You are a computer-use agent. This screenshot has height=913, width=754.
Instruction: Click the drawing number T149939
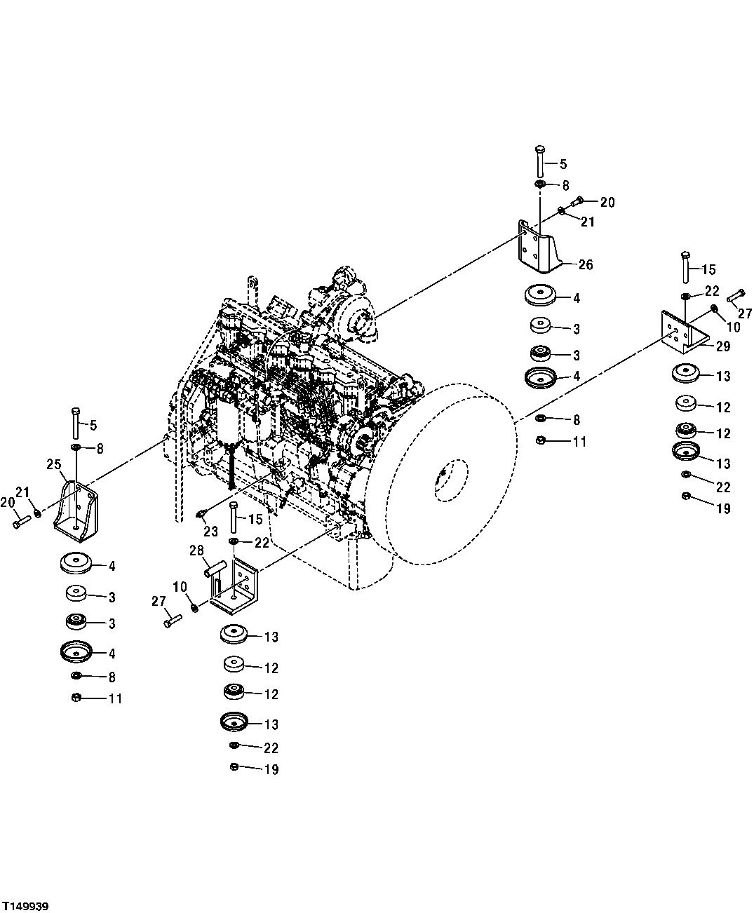26,907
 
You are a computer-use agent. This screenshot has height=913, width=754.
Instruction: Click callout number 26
585,264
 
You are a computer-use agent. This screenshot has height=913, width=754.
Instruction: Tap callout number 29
723,346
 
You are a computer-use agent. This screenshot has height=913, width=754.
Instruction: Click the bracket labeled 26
541,247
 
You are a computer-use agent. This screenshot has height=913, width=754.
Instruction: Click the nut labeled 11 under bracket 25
77,698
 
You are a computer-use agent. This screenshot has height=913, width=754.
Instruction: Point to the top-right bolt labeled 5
539,161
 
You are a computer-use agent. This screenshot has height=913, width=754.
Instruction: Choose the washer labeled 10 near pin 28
195,606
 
